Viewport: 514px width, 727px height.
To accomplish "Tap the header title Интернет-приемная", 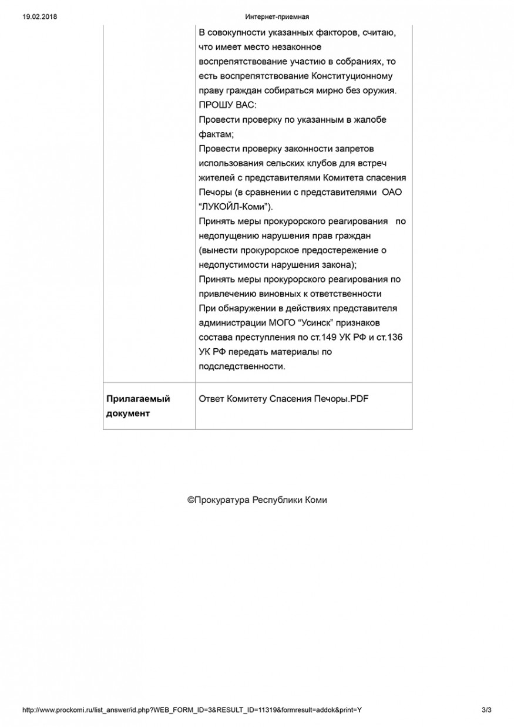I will point(277,16).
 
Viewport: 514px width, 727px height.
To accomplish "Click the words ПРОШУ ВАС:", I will point(228,105).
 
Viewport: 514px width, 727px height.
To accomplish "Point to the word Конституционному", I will point(352,76).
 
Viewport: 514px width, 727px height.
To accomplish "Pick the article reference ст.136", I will point(390,338).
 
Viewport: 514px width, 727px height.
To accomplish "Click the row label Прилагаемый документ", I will point(138,406).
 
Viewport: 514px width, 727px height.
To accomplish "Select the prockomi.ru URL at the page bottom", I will point(192,710).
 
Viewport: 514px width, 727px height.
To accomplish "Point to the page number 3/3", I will point(486,710).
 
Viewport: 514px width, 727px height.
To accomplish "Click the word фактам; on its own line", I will point(216,134).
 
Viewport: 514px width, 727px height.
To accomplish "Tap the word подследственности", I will point(242,366).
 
